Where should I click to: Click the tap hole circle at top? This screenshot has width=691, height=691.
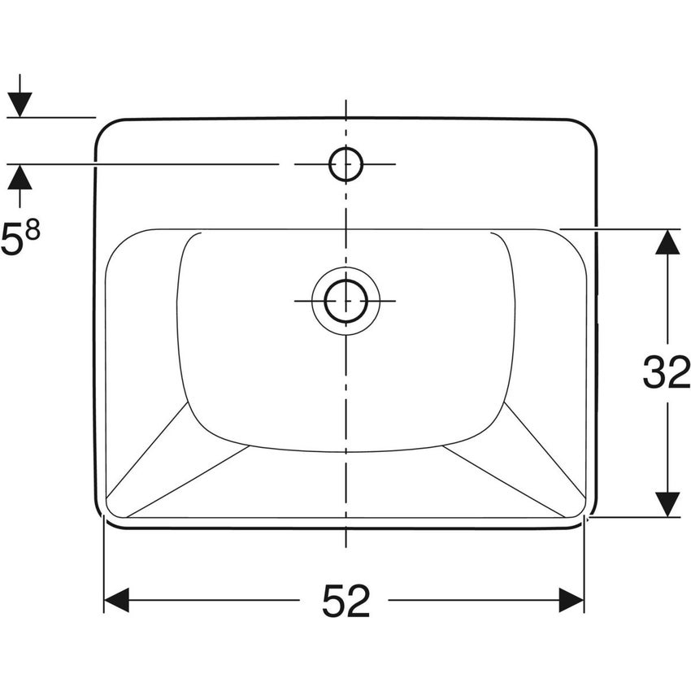[x=345, y=164]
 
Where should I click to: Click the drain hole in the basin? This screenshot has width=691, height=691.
[x=345, y=301]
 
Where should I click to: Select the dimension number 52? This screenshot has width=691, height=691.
[x=345, y=602]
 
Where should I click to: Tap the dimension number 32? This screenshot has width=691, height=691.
[x=666, y=372]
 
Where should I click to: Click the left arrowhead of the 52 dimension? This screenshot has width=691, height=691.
[x=117, y=602]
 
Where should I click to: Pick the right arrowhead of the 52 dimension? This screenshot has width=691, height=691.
[x=571, y=602]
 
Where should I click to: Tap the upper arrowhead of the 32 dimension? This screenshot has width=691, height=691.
[x=667, y=242]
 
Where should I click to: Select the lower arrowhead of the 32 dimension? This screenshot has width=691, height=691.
[x=667, y=504]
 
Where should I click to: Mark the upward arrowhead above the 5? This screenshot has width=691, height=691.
[x=20, y=176]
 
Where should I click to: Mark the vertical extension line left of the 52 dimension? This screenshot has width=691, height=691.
[x=104, y=569]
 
